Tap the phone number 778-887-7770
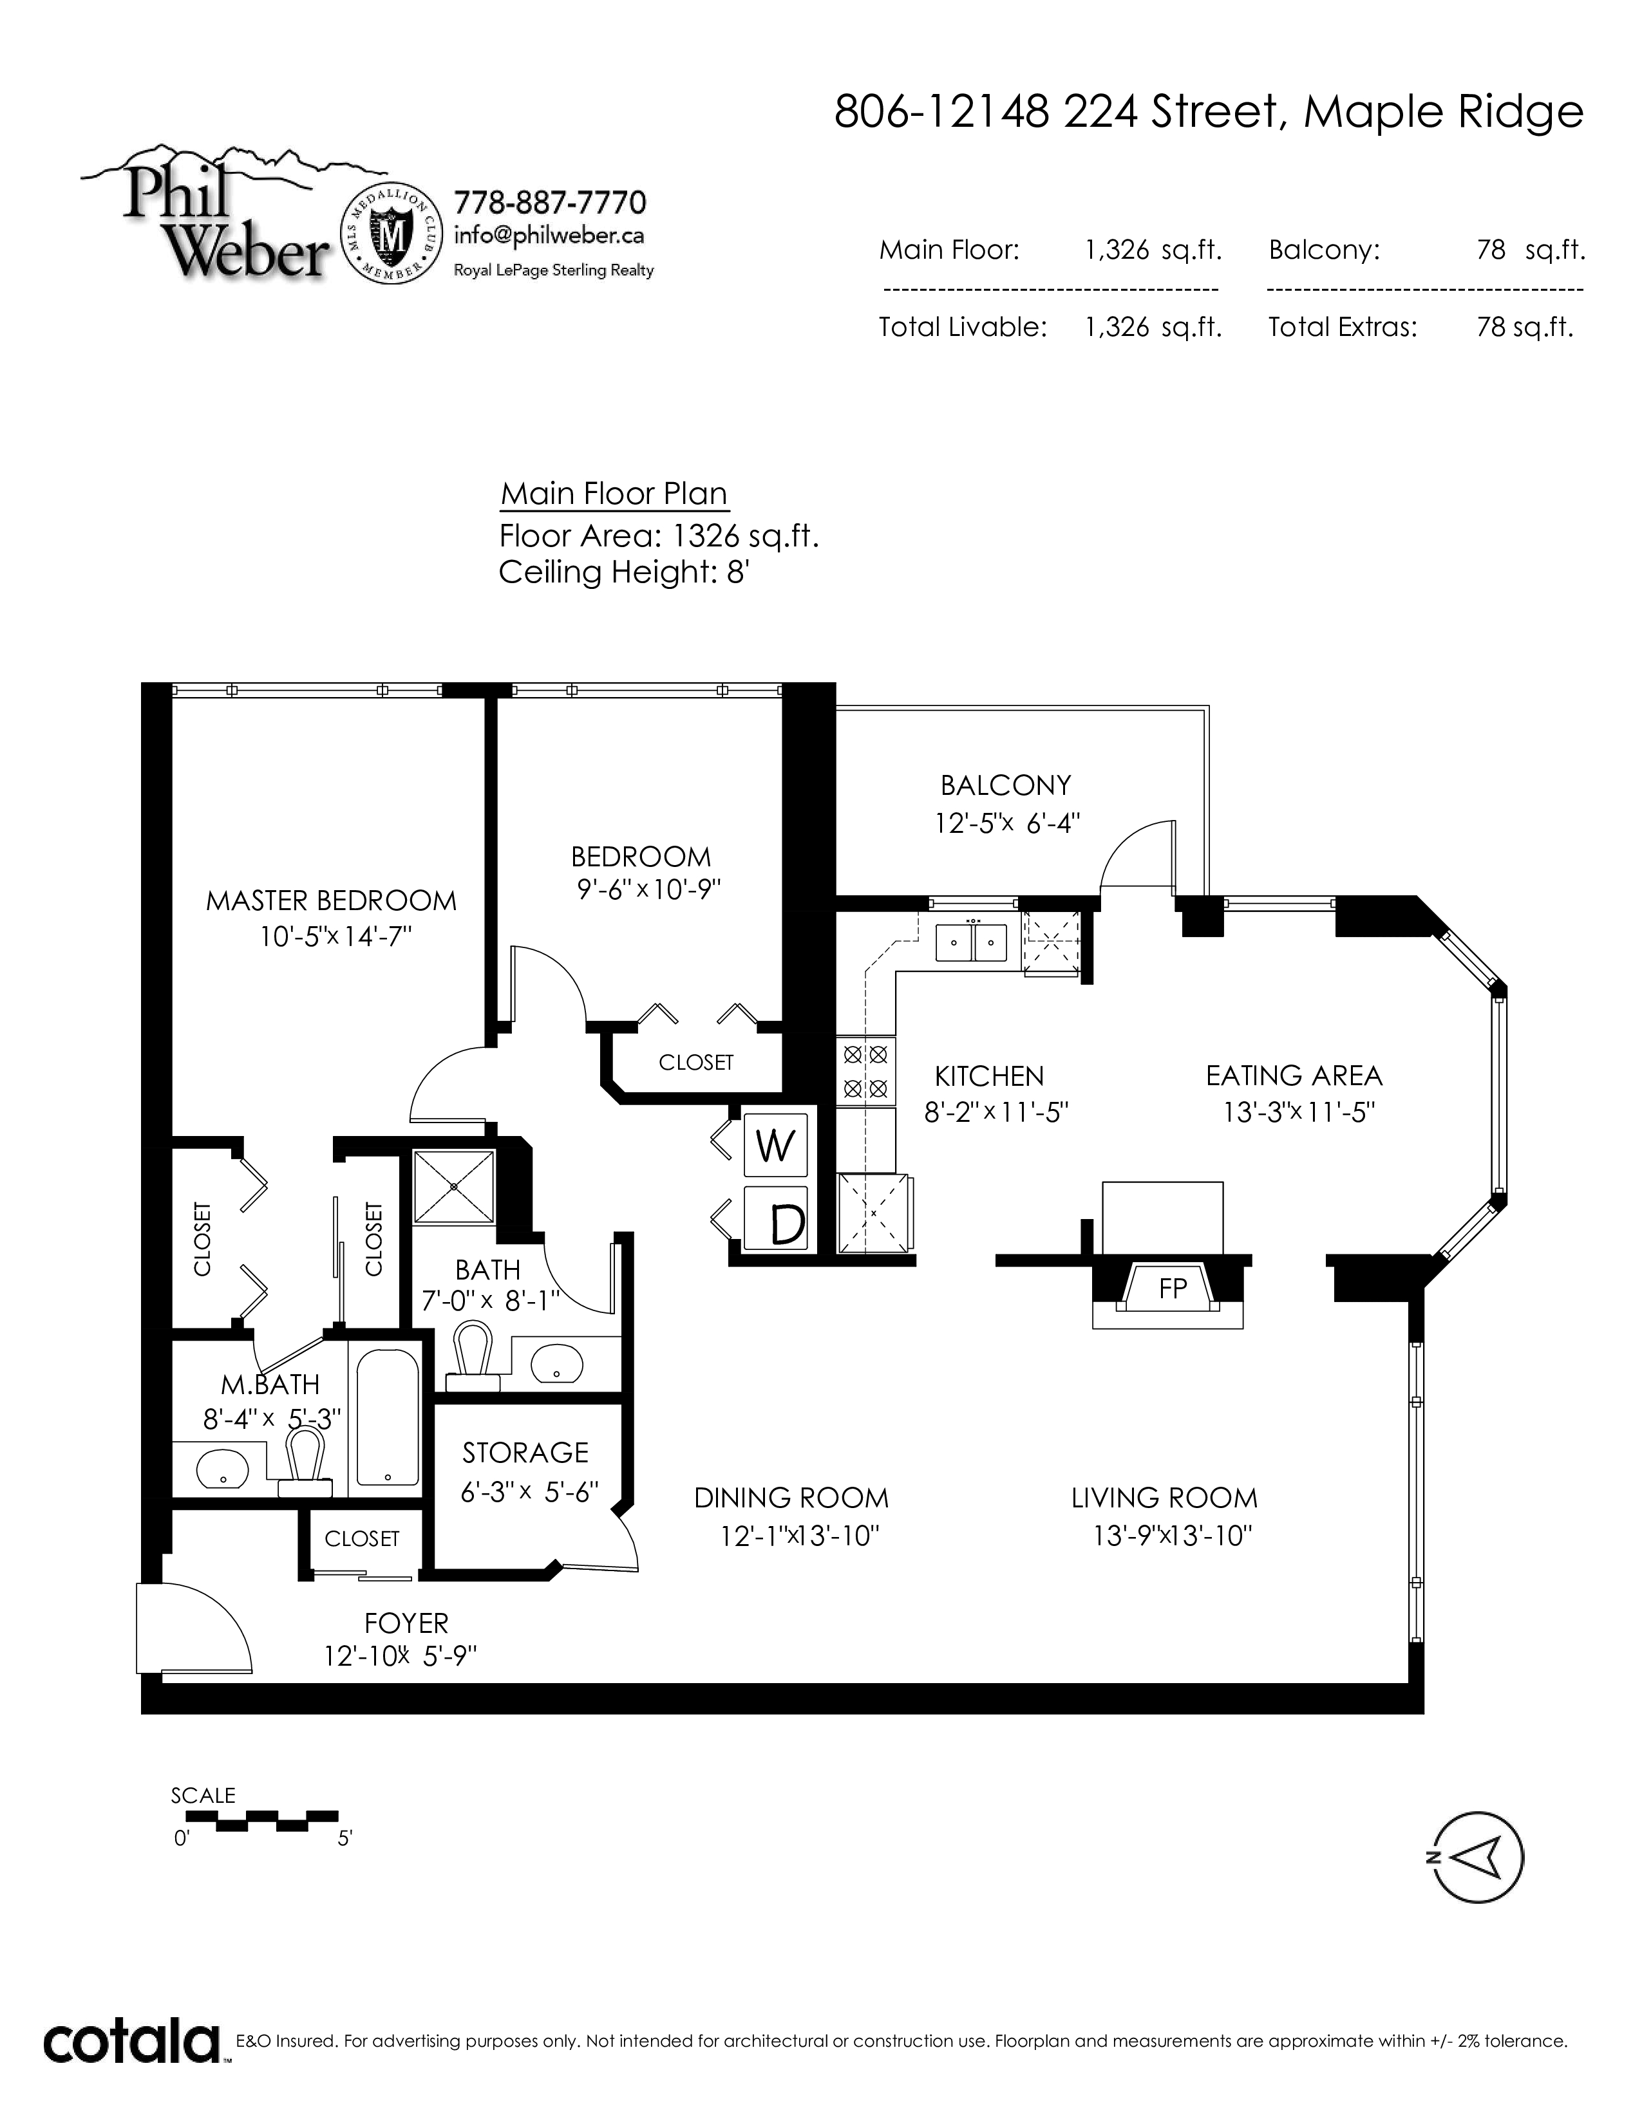550,203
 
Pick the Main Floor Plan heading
614,494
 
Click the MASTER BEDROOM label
331,900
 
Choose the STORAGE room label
525,1452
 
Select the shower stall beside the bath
454,1186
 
